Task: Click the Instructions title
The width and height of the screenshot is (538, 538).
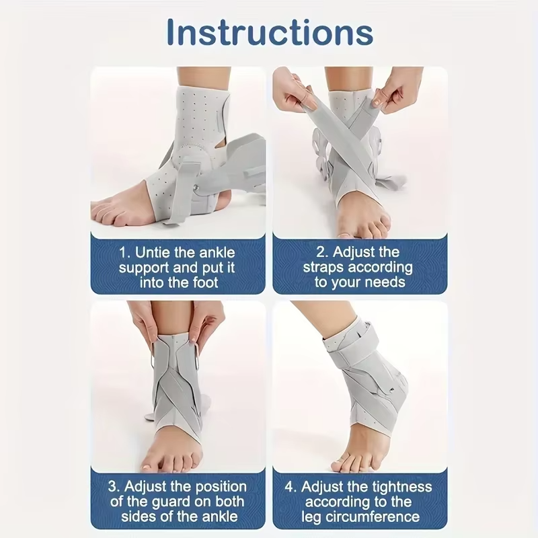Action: click(x=269, y=32)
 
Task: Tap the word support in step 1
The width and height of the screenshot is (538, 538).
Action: click(x=143, y=268)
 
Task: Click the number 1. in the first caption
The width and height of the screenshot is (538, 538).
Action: click(x=125, y=253)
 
